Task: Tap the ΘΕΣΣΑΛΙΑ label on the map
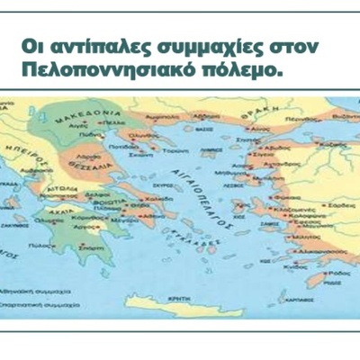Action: (x=86, y=167)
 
